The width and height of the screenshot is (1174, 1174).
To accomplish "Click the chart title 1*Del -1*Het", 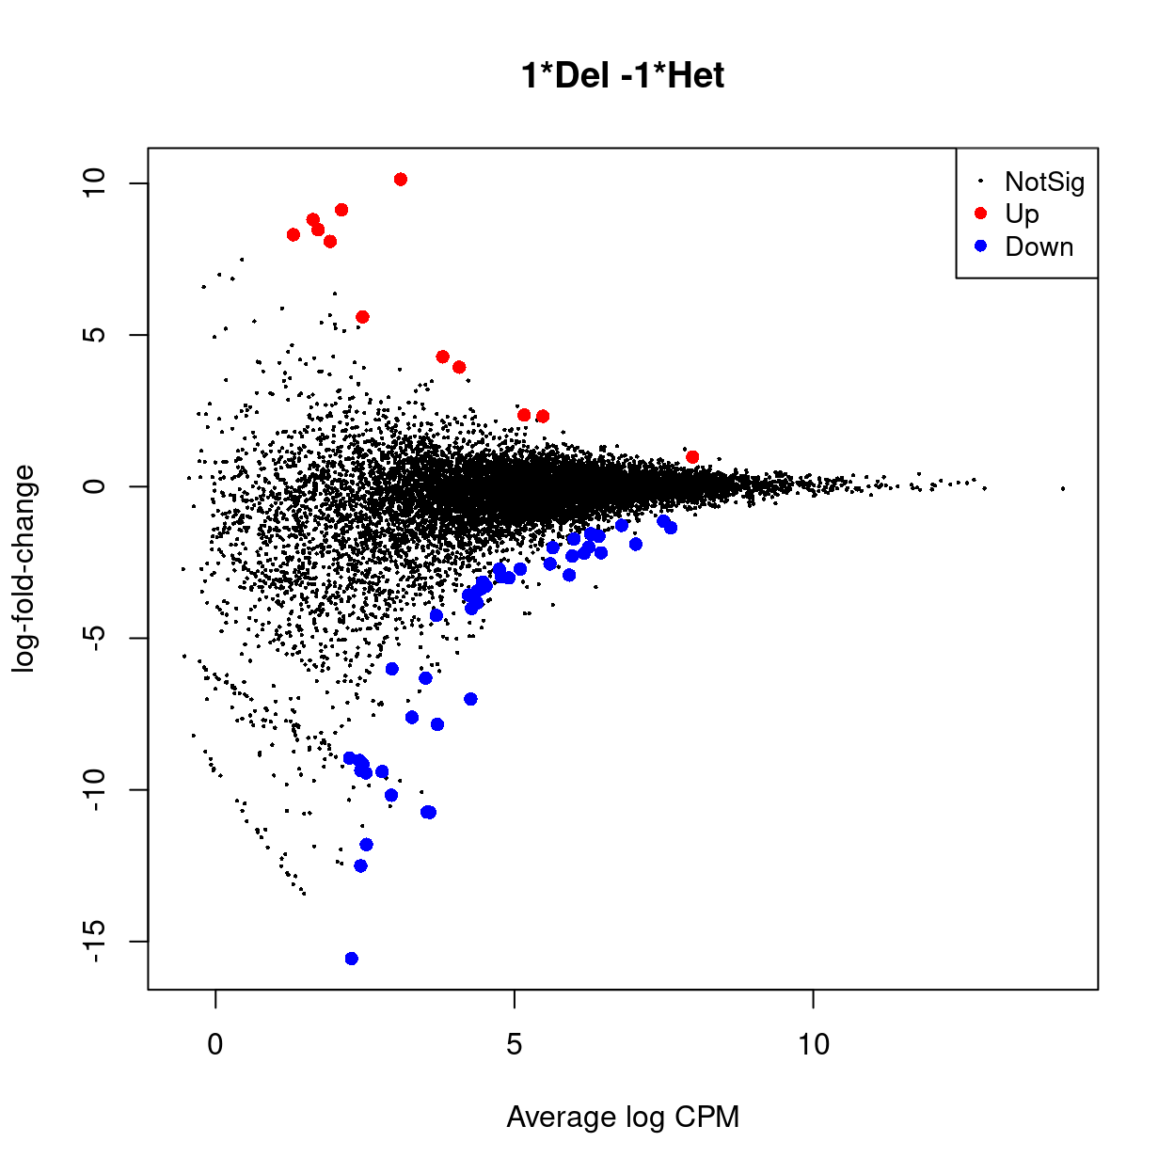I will coord(622,75).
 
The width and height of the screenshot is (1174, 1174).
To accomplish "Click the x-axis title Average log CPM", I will coord(622,1117).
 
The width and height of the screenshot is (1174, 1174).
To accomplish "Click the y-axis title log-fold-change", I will coord(24,568).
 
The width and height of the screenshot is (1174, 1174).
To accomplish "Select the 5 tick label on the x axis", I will coord(514,1044).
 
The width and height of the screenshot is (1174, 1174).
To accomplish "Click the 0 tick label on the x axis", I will coord(215,1044).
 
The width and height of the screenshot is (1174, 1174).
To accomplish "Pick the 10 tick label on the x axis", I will coord(813,1044).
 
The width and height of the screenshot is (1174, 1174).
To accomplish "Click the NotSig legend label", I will coord(1044,182).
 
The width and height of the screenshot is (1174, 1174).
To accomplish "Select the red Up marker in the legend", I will coord(980,214).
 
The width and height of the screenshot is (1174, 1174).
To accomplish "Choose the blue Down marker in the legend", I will coord(980,246).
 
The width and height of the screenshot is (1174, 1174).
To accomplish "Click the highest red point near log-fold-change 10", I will coord(401,180).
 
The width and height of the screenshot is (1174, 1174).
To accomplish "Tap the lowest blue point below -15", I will coord(352,959).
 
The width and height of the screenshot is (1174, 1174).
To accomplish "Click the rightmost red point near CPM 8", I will coord(692,457).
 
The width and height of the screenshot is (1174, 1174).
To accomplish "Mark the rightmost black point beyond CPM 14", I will coord(1063,488).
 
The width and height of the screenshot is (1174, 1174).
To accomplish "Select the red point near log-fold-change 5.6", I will coord(362,317).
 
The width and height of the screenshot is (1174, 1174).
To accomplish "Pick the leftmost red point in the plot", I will coord(293,235).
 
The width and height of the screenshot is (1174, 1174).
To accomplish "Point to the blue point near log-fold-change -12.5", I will coord(360,865).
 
